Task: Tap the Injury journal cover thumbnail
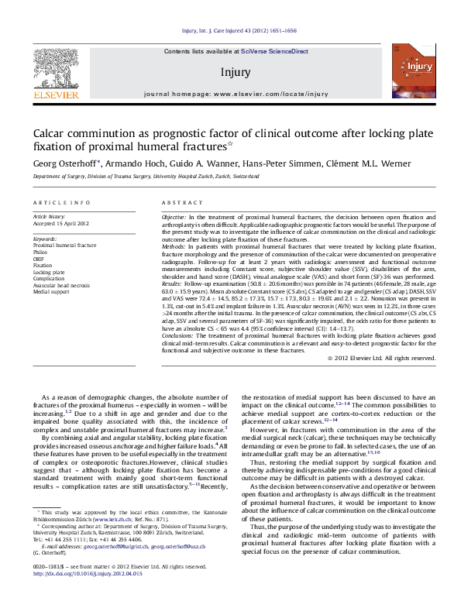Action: (408, 70)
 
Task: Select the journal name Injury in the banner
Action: (236, 72)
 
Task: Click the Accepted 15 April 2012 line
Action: (60, 224)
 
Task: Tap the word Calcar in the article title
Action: (53, 133)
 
